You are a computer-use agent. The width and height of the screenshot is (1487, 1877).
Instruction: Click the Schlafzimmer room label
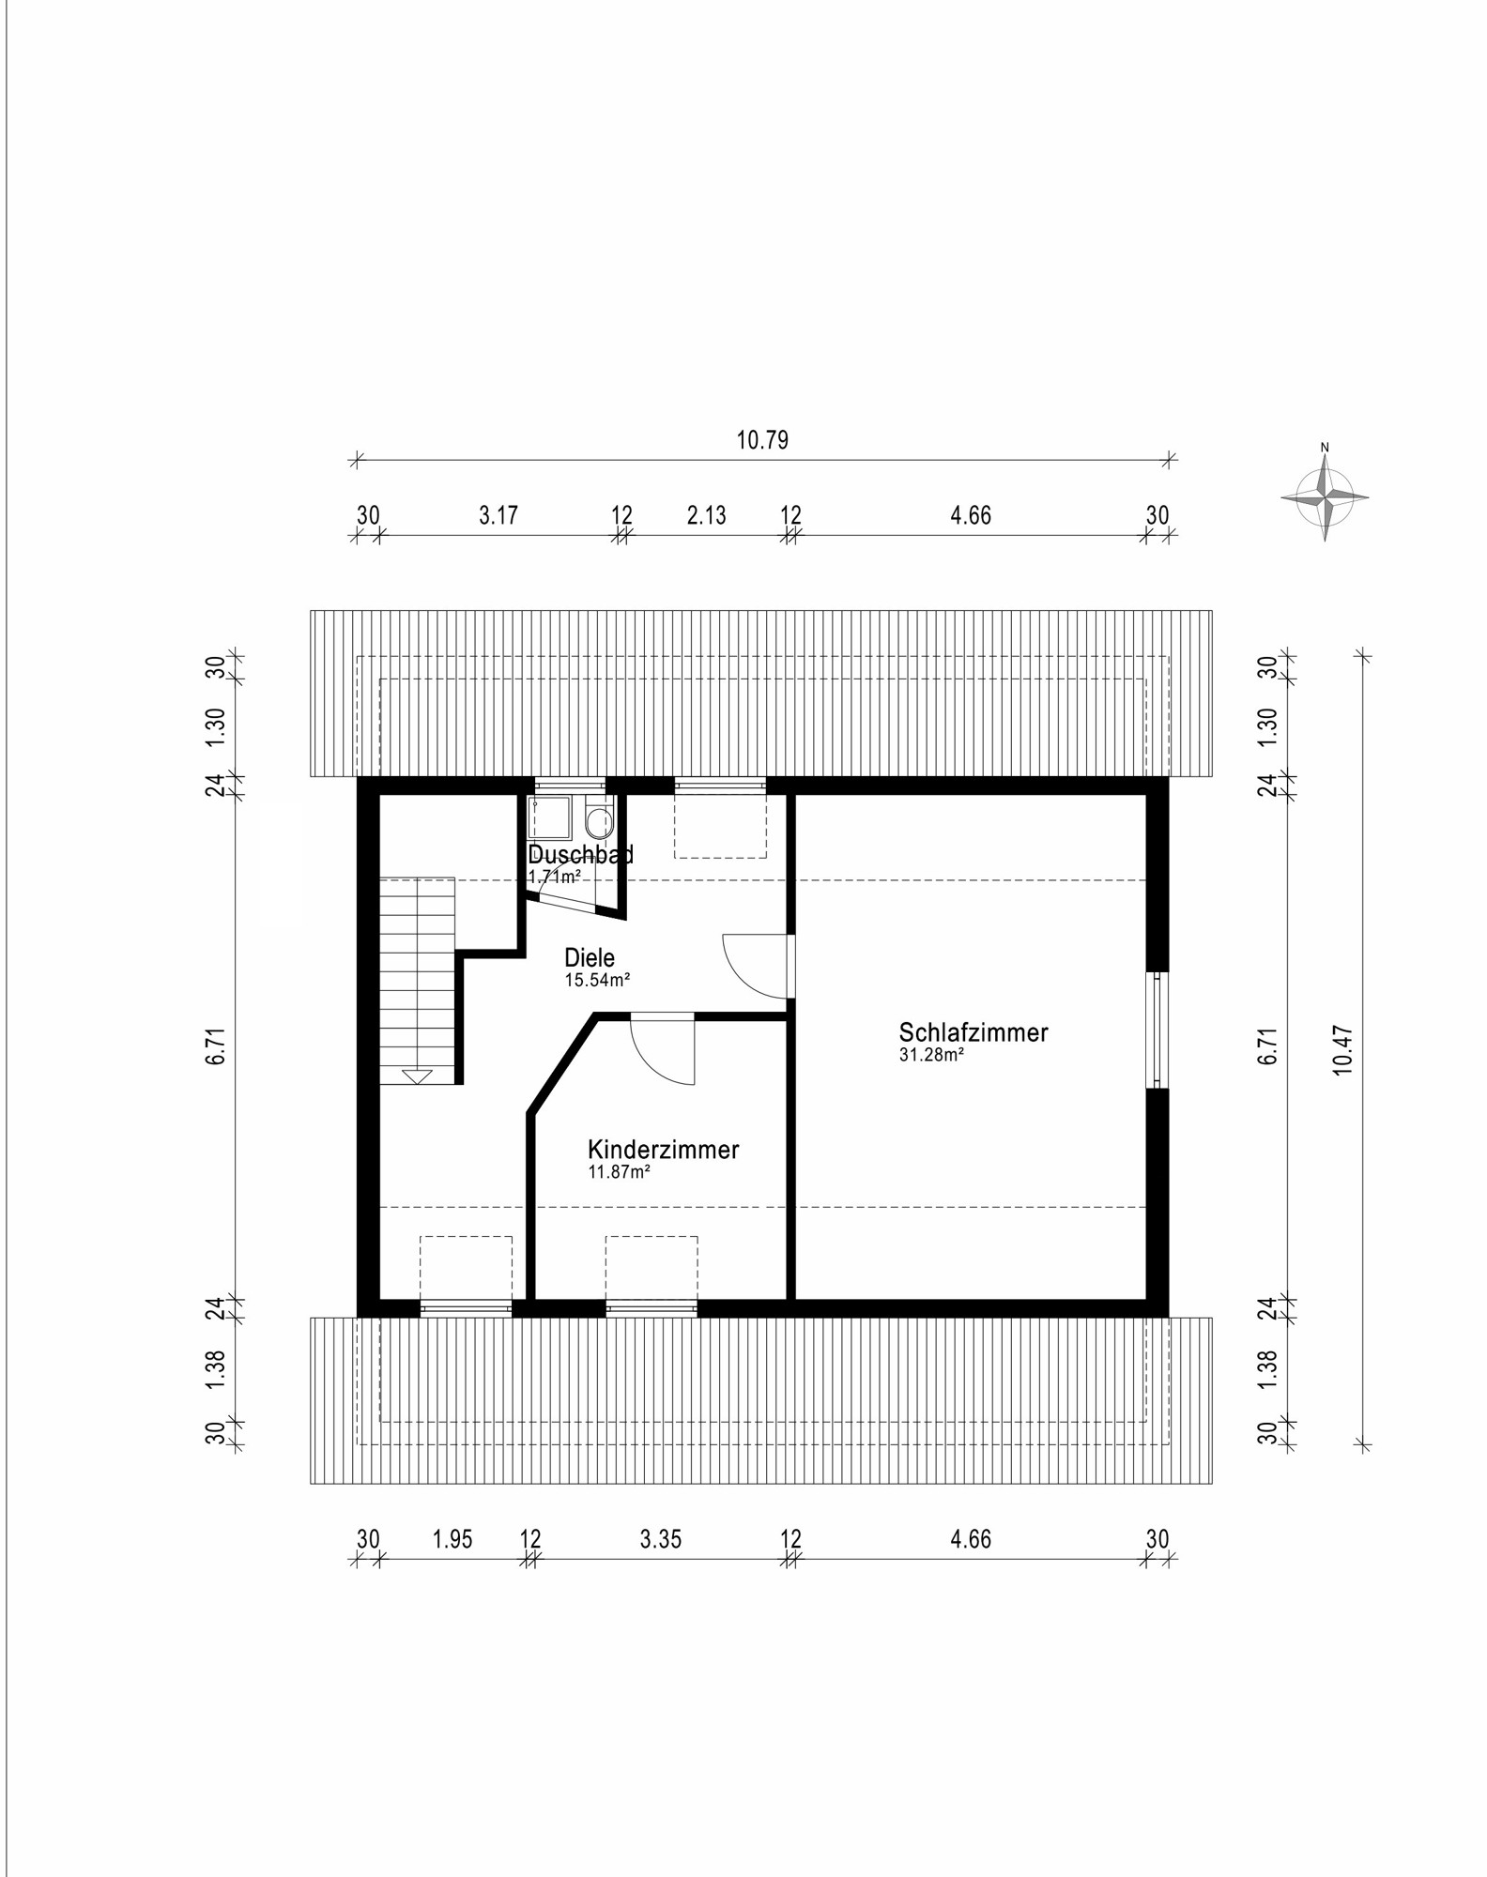973,1032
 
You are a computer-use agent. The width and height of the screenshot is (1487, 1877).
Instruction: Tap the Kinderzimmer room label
663,1150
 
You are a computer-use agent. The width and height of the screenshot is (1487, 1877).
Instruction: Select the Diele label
590,958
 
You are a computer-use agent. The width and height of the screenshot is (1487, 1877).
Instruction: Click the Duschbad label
580,854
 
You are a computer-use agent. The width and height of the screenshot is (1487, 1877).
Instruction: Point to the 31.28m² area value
932,1055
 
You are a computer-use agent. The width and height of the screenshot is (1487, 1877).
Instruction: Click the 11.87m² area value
619,1172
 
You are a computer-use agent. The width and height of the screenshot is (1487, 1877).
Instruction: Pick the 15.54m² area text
596,981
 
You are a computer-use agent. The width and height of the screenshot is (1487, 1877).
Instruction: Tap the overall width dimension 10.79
762,440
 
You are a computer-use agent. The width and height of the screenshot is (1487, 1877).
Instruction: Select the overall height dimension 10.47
1343,1049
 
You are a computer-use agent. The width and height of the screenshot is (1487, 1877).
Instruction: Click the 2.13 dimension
706,515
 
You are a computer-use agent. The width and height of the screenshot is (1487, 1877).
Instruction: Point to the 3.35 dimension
661,1539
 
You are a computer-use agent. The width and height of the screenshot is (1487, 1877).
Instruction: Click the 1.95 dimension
452,1539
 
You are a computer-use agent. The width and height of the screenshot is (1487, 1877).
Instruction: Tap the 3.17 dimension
498,515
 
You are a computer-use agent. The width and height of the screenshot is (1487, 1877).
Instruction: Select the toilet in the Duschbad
597,821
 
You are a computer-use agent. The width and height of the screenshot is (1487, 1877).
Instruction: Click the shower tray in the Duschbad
549,817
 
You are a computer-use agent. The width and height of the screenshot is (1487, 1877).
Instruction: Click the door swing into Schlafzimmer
756,967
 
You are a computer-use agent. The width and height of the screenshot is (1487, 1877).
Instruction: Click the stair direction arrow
417,1076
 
